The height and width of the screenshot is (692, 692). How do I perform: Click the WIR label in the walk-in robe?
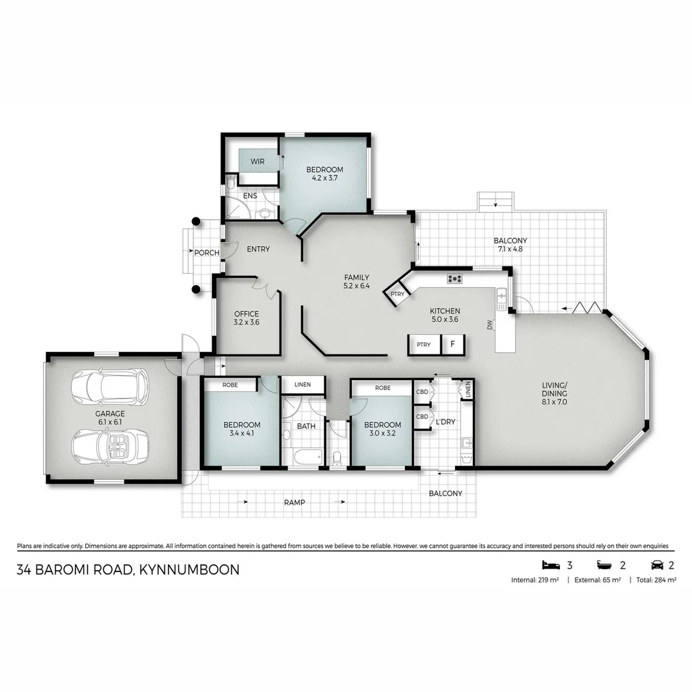pos(258,161)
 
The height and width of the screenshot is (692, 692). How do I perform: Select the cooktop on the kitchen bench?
pos(454,279)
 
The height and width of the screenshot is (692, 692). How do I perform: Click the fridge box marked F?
pos(452,344)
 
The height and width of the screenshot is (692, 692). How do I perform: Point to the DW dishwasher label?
pos(489,325)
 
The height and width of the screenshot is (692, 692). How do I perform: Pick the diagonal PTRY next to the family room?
pos(397,294)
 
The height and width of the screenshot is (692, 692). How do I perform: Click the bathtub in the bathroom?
pos(308,457)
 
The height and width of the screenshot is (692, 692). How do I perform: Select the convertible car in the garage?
pos(110,447)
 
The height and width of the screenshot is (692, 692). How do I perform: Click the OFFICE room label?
pos(246,314)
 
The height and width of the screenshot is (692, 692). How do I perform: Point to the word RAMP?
pos(294,502)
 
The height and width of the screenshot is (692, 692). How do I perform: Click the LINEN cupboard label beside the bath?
pos(302,384)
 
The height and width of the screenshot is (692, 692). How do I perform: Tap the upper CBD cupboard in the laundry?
pos(422,392)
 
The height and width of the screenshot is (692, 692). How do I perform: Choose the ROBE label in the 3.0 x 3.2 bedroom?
pos(383,388)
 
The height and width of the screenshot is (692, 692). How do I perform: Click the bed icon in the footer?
pos(551,565)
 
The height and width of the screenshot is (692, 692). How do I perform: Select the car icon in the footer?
pos(657,565)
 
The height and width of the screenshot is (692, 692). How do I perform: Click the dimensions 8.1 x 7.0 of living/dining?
pos(554,402)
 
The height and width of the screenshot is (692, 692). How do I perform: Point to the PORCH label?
pos(206,253)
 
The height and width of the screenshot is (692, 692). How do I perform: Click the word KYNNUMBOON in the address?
pos(189,570)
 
